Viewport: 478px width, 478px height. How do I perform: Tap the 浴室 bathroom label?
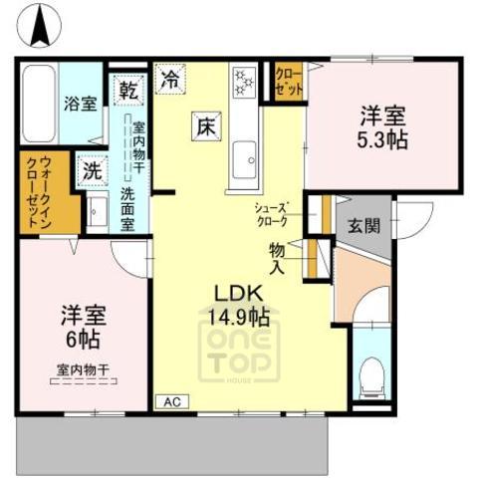pos(80,103)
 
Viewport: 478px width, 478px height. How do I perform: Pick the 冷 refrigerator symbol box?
pos(171,79)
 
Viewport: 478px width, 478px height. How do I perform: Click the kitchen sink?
pos(244,155)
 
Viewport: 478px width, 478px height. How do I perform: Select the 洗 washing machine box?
pos(92,171)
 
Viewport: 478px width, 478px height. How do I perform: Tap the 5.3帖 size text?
pos(383,138)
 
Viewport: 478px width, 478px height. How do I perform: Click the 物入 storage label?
pos(278,258)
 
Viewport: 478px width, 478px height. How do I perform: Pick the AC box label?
pos(170,401)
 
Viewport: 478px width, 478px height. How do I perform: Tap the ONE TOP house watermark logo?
pos(243,352)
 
